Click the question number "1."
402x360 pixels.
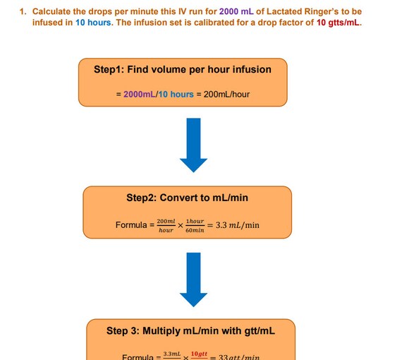point(23,12)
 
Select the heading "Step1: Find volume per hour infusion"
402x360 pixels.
point(182,69)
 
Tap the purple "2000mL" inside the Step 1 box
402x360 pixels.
point(140,95)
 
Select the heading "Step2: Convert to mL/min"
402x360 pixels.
point(187,198)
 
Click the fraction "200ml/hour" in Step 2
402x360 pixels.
point(166,225)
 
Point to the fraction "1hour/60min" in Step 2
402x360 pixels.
point(195,225)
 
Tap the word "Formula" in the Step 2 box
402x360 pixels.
point(132,225)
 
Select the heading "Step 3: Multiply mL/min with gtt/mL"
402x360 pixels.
point(190,330)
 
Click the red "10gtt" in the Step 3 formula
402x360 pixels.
point(199,353)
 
